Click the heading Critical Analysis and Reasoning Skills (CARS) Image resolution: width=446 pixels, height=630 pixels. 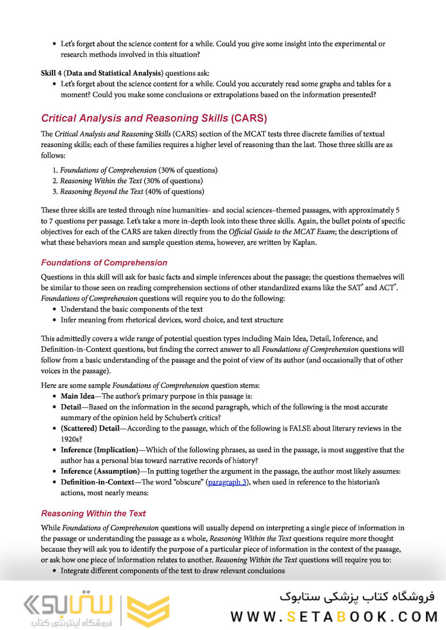point(154,118)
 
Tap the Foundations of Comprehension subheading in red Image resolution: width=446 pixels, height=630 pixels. point(104,262)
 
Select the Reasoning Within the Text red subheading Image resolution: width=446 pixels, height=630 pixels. point(93,513)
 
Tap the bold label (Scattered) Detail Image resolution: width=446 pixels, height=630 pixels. point(90,428)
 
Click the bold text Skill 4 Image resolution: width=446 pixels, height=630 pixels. point(52,73)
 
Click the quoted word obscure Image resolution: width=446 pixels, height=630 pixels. point(187,482)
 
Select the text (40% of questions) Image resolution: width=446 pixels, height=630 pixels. point(174,191)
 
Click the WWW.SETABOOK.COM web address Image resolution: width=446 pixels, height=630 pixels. point(334,616)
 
